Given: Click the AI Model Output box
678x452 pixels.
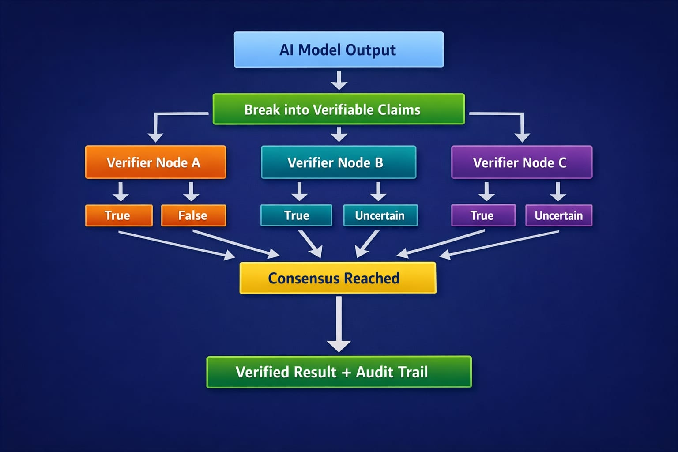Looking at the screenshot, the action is point(339,49).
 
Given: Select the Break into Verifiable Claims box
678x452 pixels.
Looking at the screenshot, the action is point(339,109).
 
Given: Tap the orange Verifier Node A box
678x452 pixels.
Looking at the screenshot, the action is point(155,162).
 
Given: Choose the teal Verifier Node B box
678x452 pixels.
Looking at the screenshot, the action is point(339,162).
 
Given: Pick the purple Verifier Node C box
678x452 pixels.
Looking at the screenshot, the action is point(521,162).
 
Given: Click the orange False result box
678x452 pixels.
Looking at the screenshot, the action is point(193,215).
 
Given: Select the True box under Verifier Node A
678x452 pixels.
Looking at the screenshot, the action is point(119,215).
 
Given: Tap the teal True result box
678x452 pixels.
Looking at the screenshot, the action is point(296,215).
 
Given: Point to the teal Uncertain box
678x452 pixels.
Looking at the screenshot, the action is point(380,215).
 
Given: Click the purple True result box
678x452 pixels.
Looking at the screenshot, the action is point(483,215).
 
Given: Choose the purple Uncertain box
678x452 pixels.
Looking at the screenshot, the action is point(559,215).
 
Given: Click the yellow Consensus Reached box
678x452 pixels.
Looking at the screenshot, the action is point(338,278).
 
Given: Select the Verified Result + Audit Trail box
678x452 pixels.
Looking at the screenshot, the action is point(339,372).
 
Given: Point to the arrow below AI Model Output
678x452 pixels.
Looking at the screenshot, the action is point(339,80).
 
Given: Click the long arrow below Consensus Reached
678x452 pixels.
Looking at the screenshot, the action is point(339,324).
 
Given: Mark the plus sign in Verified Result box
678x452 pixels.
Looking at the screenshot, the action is point(346,373).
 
